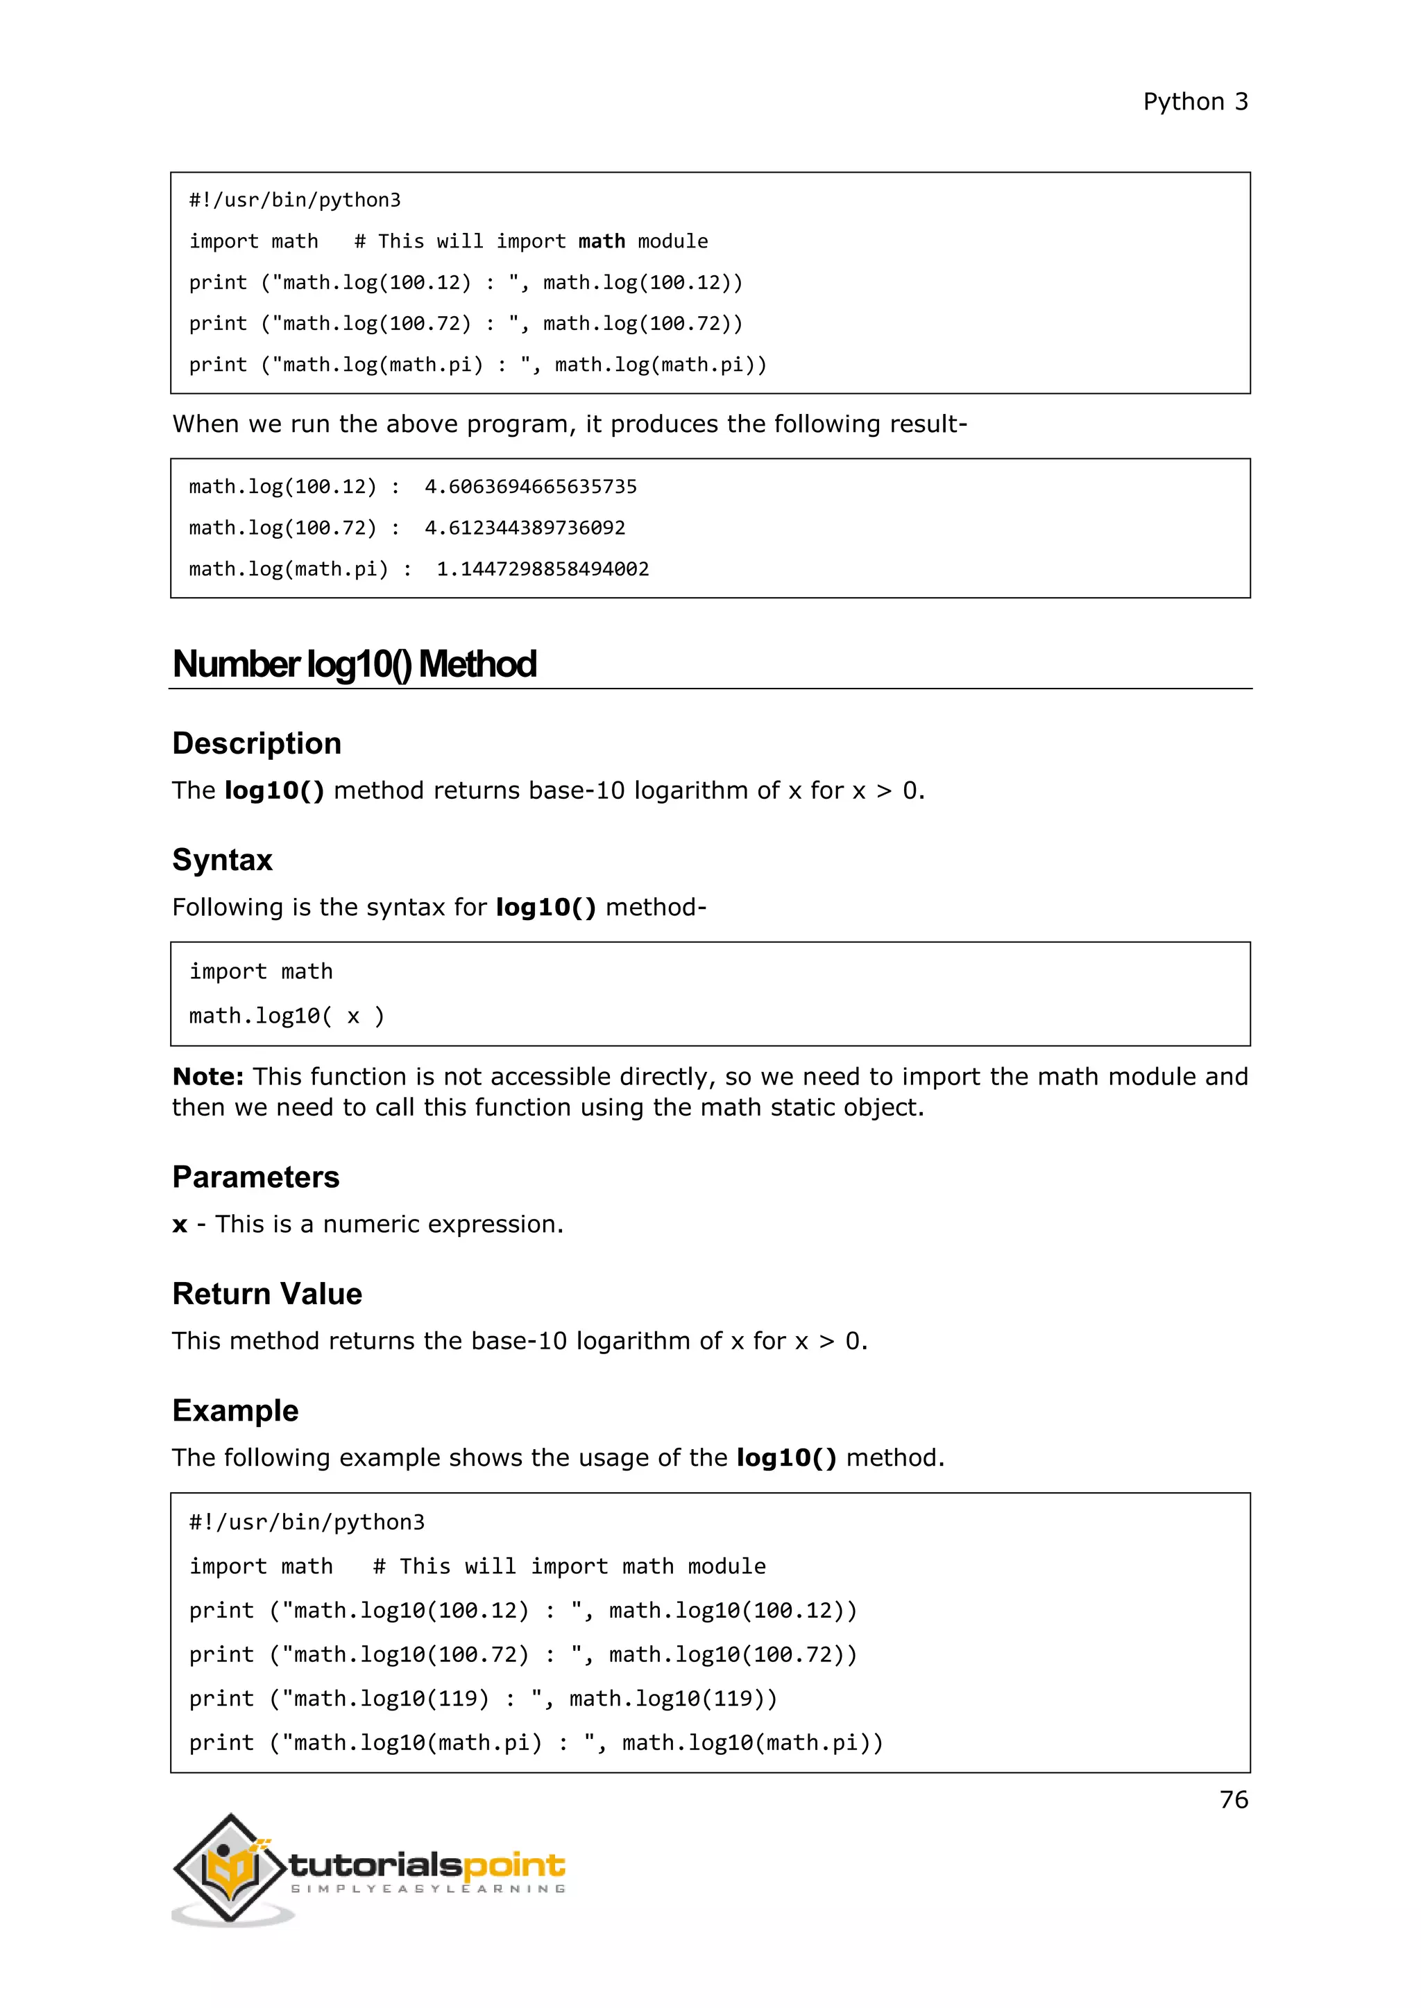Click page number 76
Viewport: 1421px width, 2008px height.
[1233, 1799]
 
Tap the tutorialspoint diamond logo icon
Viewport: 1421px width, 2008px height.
[230, 1867]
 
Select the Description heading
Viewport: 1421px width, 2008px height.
[256, 743]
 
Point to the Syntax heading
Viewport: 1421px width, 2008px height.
[222, 860]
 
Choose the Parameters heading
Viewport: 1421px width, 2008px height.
[255, 1177]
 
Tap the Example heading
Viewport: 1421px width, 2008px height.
[235, 1411]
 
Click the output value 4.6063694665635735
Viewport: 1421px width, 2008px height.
[530, 486]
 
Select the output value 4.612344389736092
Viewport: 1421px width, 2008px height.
[525, 528]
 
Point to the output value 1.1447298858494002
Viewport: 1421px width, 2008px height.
[543, 569]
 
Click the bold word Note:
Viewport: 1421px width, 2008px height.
[207, 1077]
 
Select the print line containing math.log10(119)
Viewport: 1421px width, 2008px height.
[483, 1698]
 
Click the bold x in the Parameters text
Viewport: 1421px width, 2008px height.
[180, 1224]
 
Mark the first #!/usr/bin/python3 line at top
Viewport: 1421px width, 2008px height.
[295, 200]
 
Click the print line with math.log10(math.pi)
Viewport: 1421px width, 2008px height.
[536, 1742]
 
